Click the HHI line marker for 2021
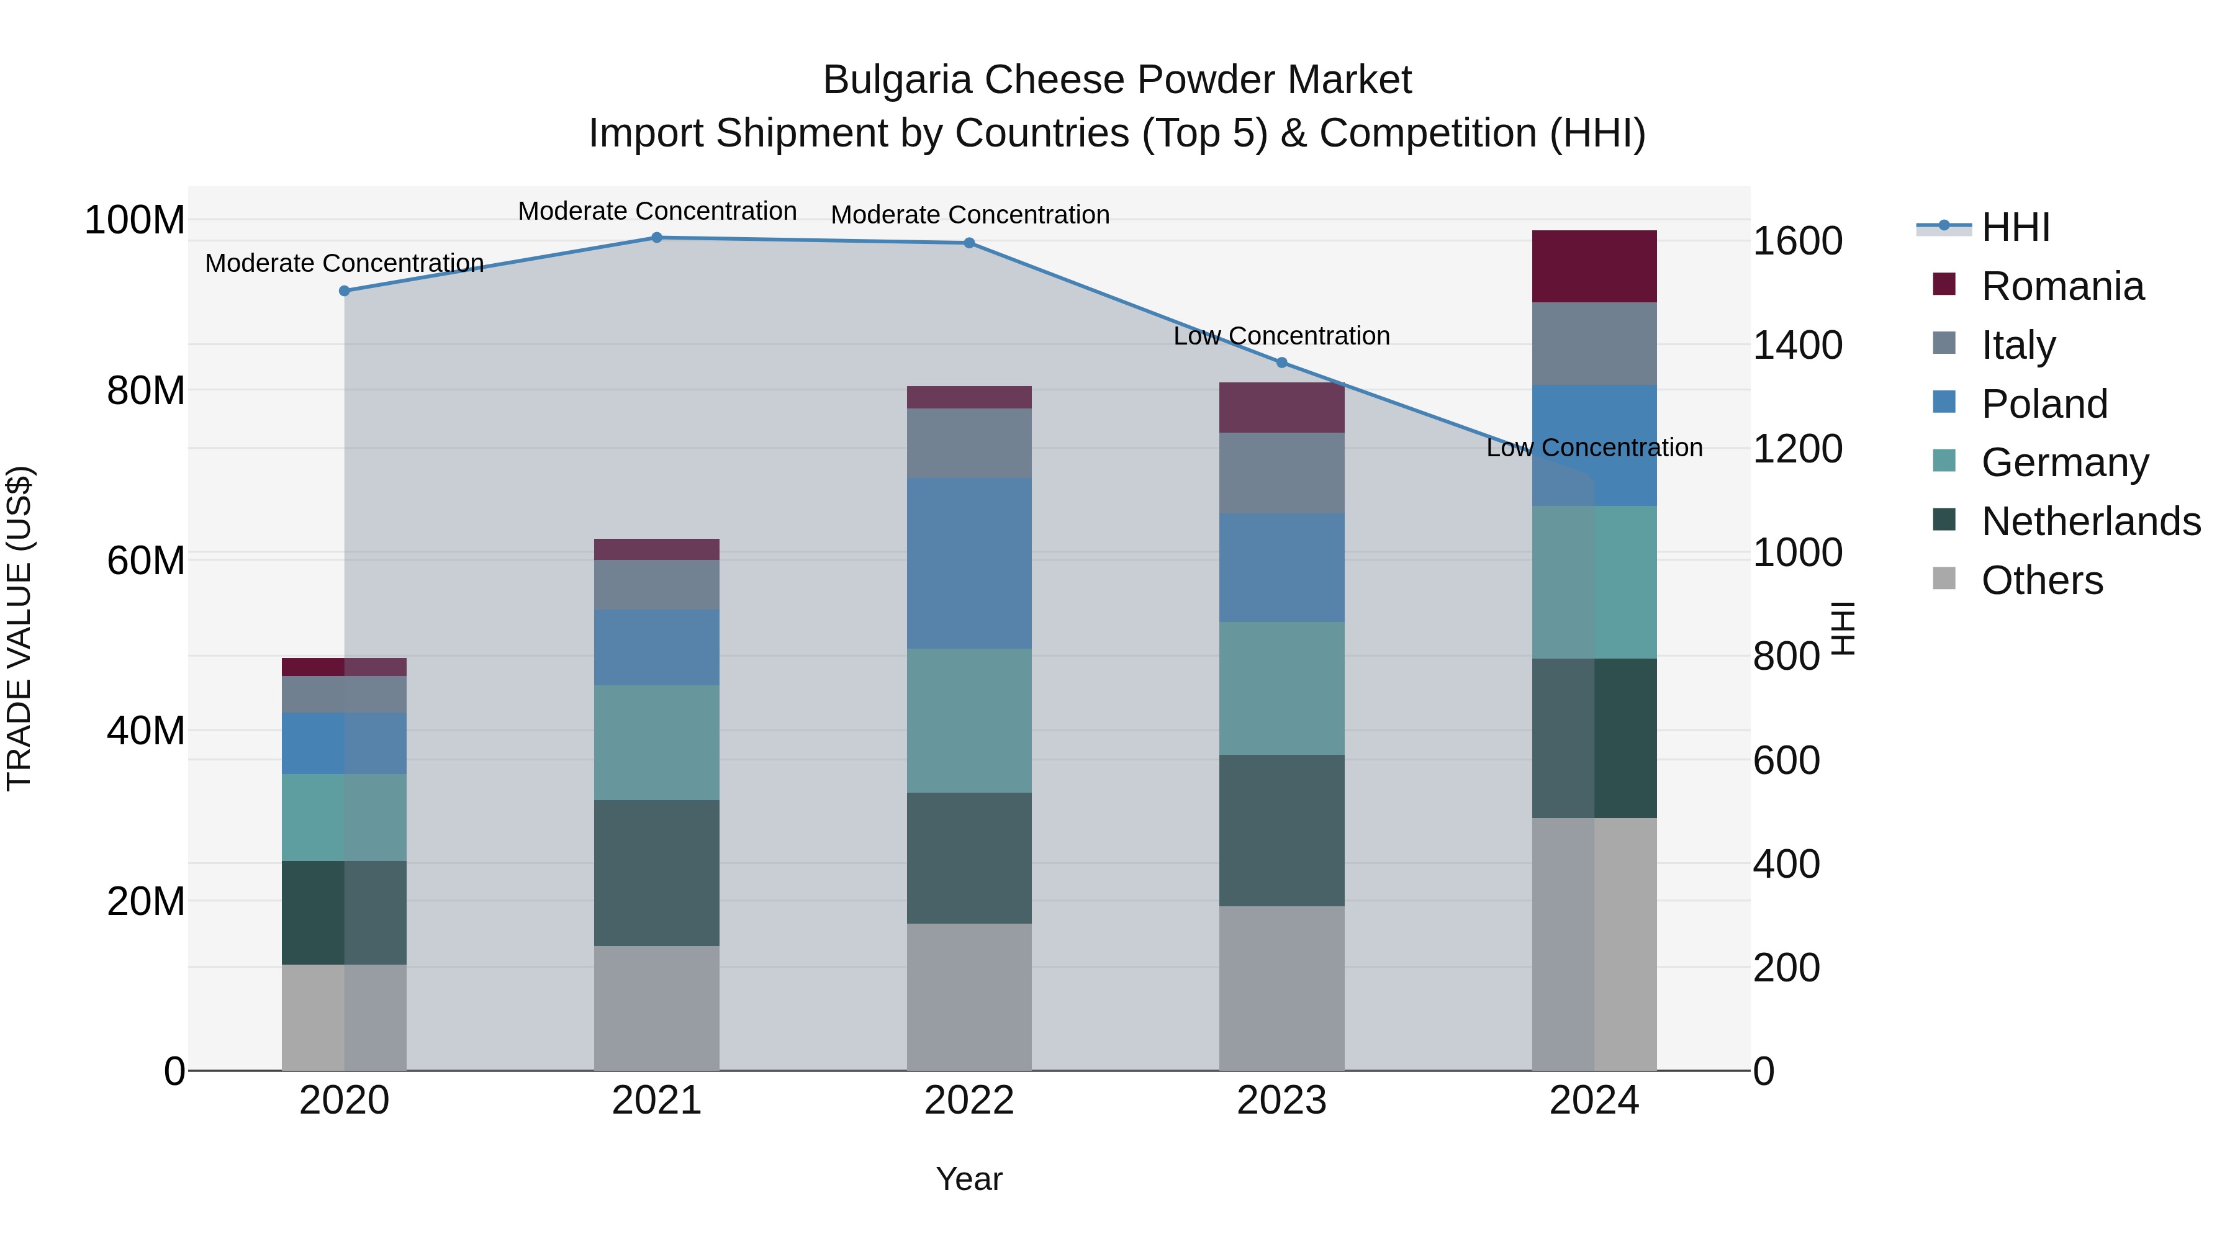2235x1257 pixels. [657, 238]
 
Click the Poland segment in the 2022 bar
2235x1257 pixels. [969, 563]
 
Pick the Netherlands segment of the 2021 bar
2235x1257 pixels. [657, 873]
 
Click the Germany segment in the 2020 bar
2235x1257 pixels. [345, 817]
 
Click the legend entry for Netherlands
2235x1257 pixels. [2090, 521]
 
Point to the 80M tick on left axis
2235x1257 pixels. [146, 390]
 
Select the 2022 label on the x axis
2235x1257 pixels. [969, 1101]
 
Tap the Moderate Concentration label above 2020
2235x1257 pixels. [345, 263]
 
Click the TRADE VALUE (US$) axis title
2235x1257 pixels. [19, 628]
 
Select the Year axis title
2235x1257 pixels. [969, 1179]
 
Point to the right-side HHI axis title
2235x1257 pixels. [1843, 628]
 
